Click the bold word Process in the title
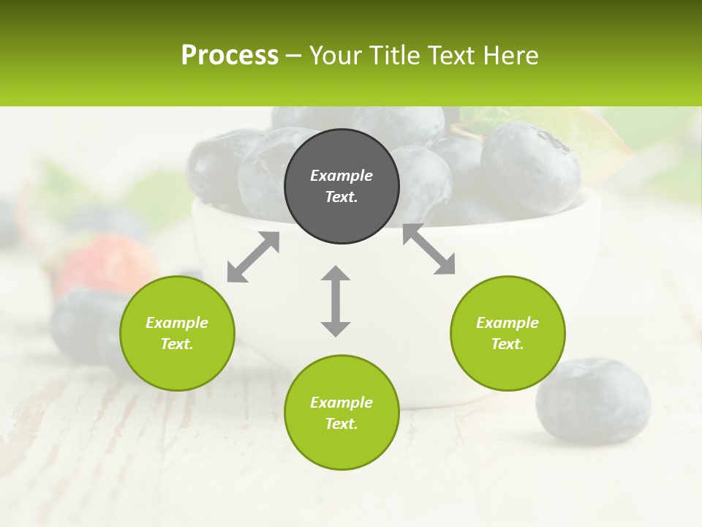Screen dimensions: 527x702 point(230,56)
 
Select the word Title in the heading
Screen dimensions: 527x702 point(394,56)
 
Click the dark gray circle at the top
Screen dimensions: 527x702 point(341,187)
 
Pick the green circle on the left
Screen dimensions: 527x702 point(177,333)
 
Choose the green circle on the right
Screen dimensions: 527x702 point(507,333)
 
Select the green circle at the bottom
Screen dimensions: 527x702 point(341,413)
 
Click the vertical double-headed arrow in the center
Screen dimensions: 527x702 point(336,301)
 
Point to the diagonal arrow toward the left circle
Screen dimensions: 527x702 point(253,257)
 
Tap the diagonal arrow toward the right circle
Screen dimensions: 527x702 point(429,250)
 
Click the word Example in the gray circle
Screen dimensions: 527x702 point(341,176)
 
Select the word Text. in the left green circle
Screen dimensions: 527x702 point(177,344)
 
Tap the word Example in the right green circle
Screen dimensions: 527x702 point(507,323)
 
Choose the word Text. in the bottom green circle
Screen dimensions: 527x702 point(341,424)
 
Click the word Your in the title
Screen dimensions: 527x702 point(336,56)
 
